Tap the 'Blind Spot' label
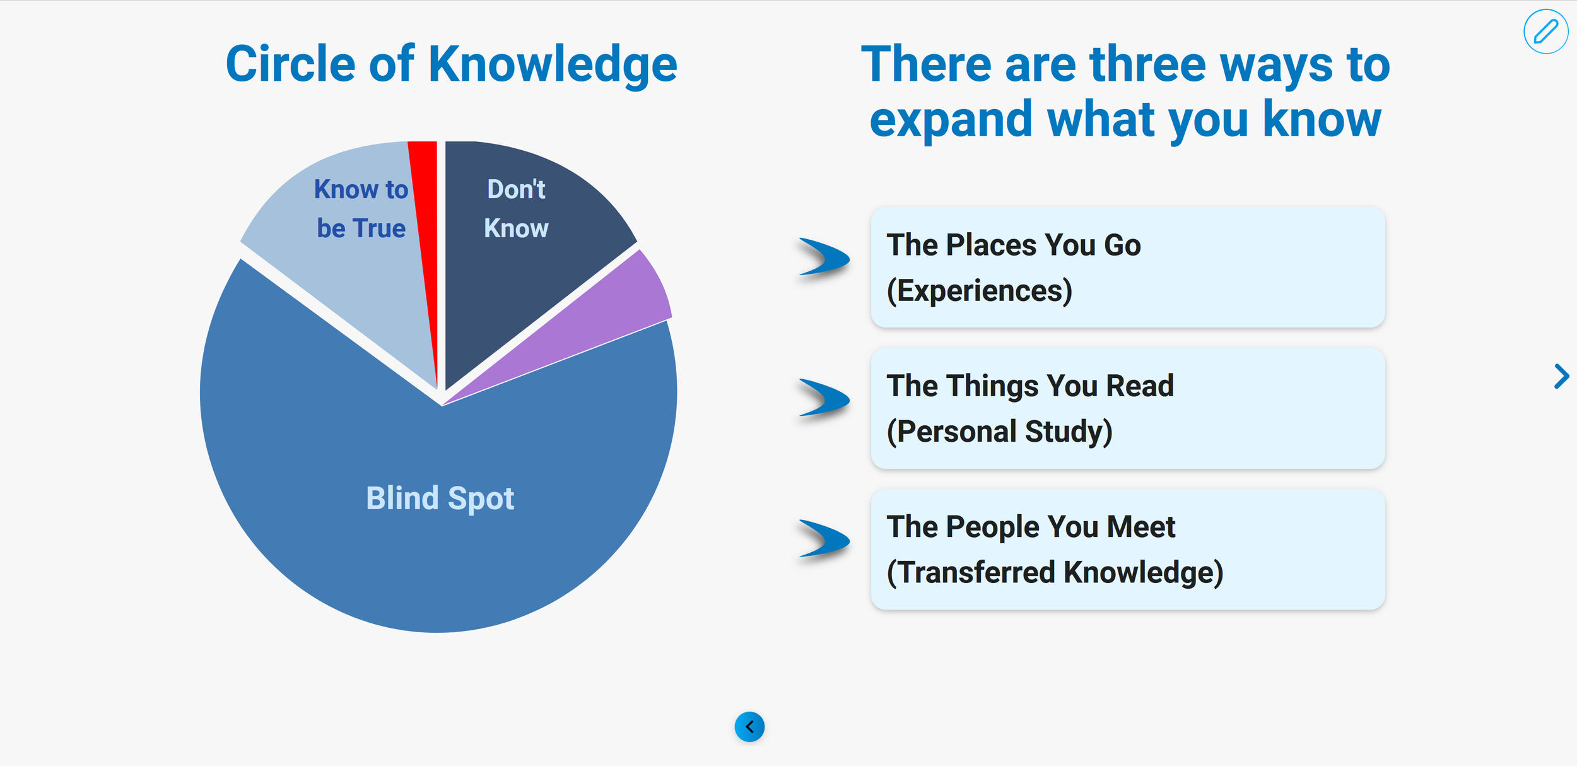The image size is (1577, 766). coord(440,498)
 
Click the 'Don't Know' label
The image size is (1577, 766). coord(516,208)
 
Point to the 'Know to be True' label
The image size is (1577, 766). coord(361,208)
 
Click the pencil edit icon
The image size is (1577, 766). coord(1545,32)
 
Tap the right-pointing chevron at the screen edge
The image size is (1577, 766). coord(1561,377)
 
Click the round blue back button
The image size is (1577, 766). coord(749,727)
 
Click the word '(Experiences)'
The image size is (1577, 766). coord(979,291)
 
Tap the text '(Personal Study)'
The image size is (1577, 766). coord(999,432)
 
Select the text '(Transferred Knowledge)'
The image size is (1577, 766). coord(1055,573)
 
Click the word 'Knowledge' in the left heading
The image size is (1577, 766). coord(553,65)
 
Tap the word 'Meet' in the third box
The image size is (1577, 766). coord(1140,527)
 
